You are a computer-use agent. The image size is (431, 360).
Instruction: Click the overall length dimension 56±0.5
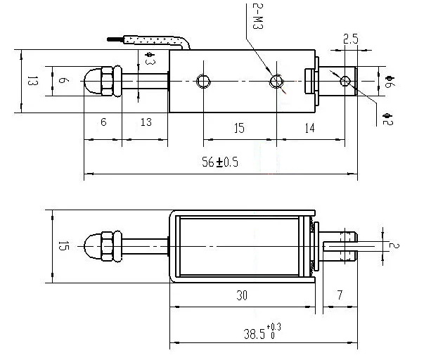(220, 162)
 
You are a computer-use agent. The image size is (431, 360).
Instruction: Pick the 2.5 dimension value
(350, 39)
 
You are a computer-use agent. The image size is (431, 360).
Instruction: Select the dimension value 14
(310, 127)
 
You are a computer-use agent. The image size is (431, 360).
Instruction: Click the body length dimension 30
(241, 297)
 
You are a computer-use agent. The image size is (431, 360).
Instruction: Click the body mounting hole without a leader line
(204, 81)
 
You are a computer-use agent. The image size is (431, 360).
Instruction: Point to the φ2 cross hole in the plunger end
(345, 81)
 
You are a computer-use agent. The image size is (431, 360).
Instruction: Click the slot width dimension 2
(395, 245)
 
